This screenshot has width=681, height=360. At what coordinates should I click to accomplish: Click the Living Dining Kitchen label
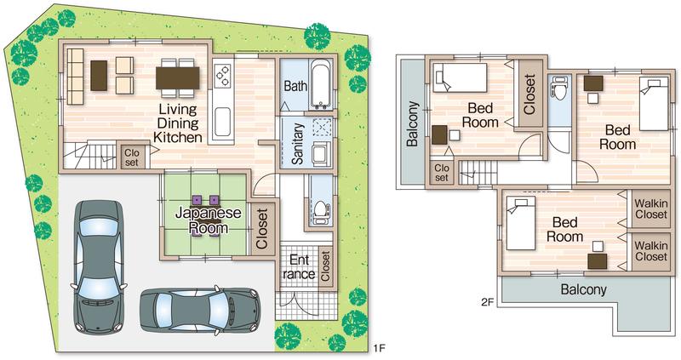click(178, 123)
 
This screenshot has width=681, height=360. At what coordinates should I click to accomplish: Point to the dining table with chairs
click(178, 77)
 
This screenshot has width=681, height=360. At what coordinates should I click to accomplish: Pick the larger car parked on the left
click(96, 266)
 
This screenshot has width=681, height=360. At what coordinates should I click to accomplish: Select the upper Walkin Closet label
click(651, 208)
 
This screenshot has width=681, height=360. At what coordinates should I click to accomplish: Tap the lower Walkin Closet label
click(651, 251)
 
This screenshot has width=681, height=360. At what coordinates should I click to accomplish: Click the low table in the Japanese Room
click(208, 214)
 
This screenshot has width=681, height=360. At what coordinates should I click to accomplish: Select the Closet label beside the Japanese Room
click(262, 229)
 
